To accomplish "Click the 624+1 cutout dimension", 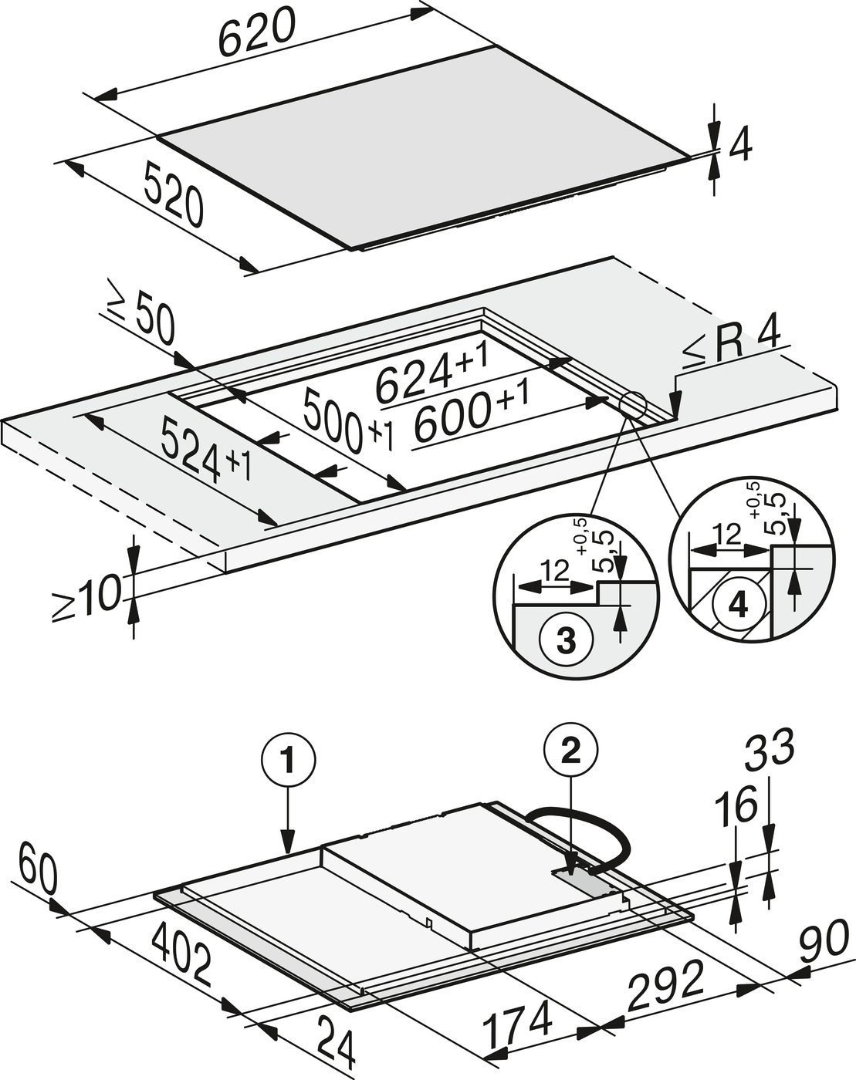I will pyautogui.click(x=431, y=373).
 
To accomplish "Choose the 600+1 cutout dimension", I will pyautogui.click(x=471, y=412).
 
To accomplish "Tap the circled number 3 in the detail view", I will pyautogui.click(x=566, y=640).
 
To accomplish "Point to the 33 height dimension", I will pyautogui.click(x=770, y=748).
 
